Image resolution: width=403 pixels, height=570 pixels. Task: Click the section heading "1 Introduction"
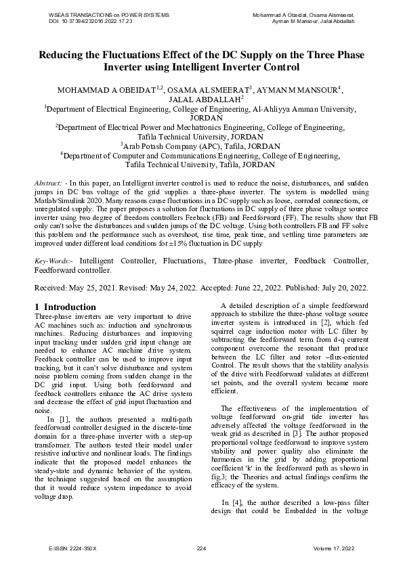coord(67,307)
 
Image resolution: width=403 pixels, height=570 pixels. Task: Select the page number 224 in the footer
coord(201,547)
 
